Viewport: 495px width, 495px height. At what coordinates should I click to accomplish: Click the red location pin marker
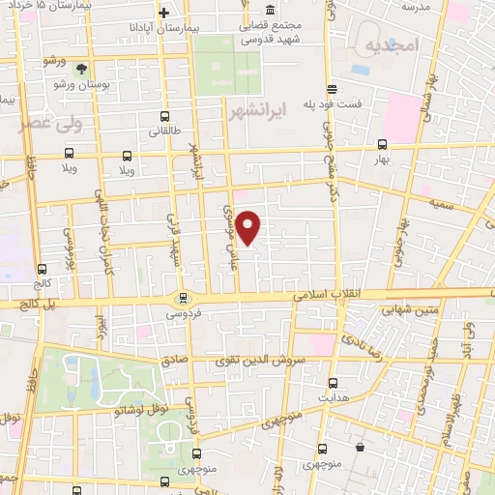pos(248,227)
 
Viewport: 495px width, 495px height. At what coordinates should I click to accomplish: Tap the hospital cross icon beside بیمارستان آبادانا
pos(163,13)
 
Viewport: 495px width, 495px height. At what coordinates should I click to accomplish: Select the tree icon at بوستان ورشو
pos(82,69)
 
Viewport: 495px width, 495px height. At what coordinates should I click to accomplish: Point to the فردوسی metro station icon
pos(182,298)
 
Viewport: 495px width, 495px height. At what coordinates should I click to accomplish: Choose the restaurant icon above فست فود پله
pos(332,86)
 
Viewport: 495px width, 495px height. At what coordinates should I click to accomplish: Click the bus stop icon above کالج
pos(41,270)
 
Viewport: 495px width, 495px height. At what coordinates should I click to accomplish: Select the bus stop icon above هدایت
pos(333,383)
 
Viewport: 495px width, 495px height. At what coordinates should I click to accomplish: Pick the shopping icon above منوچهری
pos(361,448)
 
